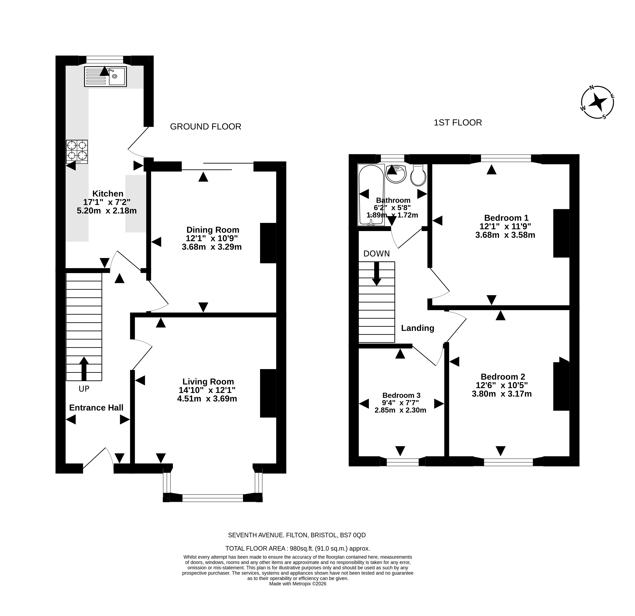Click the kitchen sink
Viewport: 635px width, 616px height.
tap(105, 76)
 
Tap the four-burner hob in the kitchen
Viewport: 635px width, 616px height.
tap(77, 151)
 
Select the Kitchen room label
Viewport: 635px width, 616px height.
tap(108, 194)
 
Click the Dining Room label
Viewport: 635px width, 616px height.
tap(213, 230)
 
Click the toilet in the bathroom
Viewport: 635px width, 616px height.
tap(418, 175)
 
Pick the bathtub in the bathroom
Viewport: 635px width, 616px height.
tap(371, 195)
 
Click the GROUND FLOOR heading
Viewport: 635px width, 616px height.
tap(206, 126)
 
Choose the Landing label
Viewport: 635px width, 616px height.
tap(418, 328)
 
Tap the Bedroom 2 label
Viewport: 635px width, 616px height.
tap(503, 377)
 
